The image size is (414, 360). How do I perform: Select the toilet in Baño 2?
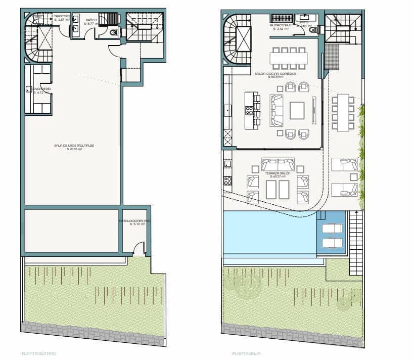click(114, 33)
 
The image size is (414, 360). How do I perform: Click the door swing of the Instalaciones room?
click(139, 248)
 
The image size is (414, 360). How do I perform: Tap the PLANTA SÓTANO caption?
click(39, 353)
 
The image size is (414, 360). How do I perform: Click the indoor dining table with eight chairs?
click(288, 58)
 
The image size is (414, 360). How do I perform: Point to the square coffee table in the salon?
click(297, 110)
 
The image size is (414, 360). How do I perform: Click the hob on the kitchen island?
click(248, 109)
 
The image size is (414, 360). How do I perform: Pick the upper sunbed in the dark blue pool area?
click(332, 228)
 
